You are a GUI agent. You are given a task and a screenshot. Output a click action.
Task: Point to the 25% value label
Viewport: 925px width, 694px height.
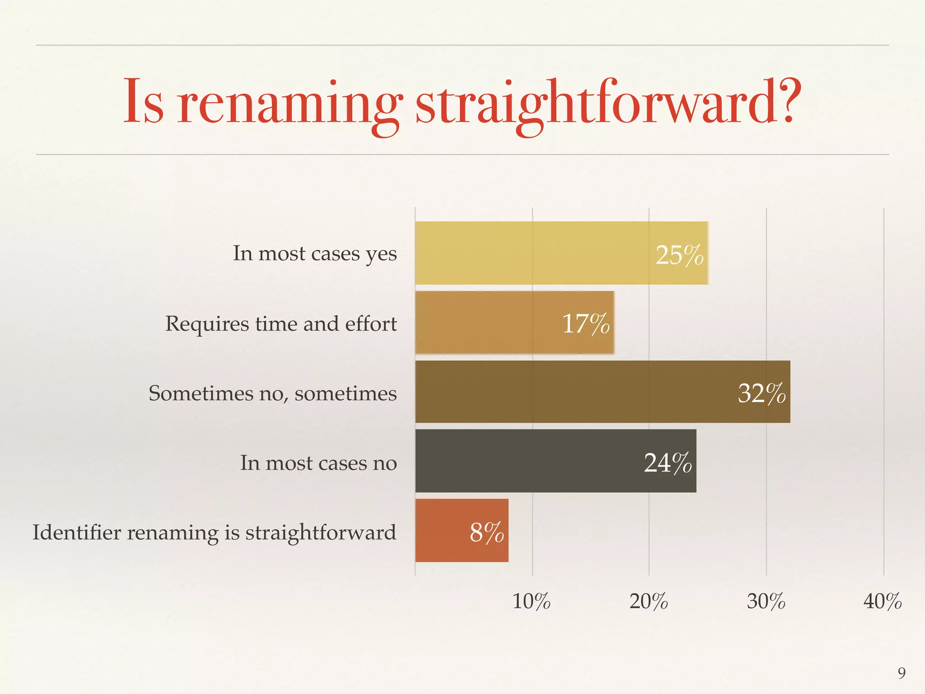pos(679,255)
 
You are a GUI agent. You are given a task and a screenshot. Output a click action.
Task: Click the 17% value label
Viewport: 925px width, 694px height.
pos(586,324)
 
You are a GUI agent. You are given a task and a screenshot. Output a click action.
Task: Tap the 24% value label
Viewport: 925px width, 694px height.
pos(668,463)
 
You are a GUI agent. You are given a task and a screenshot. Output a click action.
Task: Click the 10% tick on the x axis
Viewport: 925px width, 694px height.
pos(532,601)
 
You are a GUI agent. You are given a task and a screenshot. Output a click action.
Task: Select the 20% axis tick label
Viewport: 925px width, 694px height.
pos(649,601)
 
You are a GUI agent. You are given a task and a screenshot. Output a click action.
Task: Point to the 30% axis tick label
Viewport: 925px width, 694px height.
pos(766,601)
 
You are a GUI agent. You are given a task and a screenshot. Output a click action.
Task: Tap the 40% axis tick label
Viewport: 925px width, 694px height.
pos(883,601)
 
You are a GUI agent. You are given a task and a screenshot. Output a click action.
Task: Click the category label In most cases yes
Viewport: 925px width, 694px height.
pos(315,253)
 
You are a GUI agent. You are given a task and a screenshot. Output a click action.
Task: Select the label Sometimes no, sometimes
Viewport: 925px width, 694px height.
pos(273,393)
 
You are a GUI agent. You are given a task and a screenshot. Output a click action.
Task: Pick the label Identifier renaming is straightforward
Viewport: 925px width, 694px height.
pos(215,532)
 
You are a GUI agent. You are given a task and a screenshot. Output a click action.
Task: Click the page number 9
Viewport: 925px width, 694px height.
pos(902,673)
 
